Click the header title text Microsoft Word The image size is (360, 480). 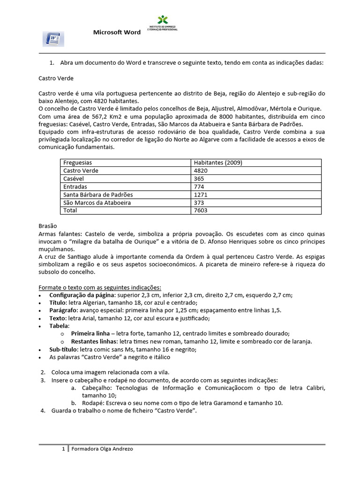pos(117,32)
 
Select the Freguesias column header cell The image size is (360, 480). pos(78,163)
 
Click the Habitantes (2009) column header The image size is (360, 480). pos(218,163)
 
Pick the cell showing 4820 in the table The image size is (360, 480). pos(201,171)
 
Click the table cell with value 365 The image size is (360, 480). pos(199,179)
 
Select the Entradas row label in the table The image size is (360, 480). pos(75,187)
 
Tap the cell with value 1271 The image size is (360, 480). pos(201,195)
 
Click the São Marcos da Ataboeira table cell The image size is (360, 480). pos(97,202)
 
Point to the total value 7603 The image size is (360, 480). pos(201,210)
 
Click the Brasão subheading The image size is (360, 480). pos(47,225)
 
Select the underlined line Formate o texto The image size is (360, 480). pos(99,287)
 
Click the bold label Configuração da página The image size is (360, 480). pos(82,295)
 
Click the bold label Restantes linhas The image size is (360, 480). pos(94,341)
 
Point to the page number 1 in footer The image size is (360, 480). pos(64,449)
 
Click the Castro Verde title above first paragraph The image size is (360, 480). pos(56,78)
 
